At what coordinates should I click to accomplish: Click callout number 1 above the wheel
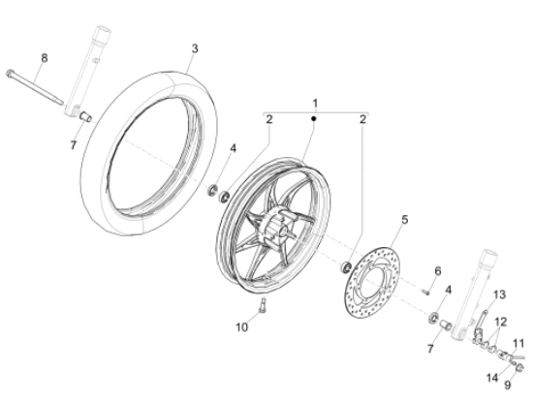coord(314,103)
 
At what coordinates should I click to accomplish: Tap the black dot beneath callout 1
coord(314,117)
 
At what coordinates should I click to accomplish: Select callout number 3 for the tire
coord(194,47)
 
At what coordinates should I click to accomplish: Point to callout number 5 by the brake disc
coord(405,220)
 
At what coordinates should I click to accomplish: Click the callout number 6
coord(437,269)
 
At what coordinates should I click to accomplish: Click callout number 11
coord(517,342)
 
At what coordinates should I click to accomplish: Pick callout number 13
coord(501,294)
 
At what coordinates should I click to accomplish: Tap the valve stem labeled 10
coord(262,309)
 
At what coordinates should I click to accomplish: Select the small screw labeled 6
coord(425,287)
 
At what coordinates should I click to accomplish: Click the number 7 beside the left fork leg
coord(72,145)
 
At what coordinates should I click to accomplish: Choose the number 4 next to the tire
coord(233,148)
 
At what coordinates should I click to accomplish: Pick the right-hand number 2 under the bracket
coord(361,119)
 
